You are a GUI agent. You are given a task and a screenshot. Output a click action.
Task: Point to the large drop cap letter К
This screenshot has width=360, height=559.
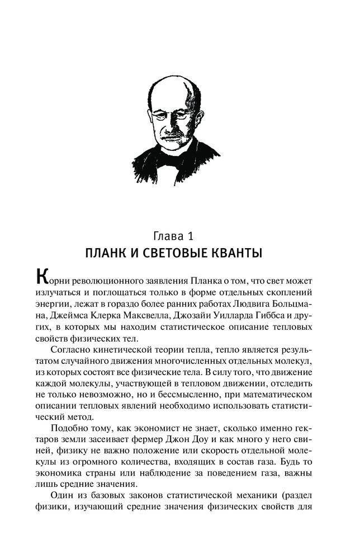click(x=41, y=278)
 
